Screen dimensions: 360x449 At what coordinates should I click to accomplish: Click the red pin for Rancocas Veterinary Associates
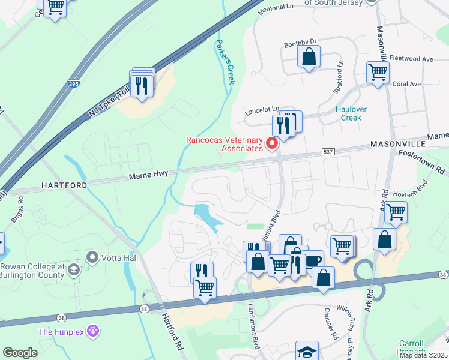tap(271, 143)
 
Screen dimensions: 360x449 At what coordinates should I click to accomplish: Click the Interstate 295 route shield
tap(73, 84)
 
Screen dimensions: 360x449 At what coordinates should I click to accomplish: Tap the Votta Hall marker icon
tap(92, 258)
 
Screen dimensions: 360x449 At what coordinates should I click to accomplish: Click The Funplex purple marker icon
tap(92, 331)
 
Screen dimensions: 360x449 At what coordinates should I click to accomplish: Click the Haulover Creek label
tap(351, 113)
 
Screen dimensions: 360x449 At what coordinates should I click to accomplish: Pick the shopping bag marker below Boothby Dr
tap(309, 57)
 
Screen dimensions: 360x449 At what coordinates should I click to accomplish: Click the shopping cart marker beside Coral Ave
tap(378, 72)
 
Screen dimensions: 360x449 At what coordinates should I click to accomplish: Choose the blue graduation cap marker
tap(307, 351)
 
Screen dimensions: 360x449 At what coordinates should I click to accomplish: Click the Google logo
tap(20, 353)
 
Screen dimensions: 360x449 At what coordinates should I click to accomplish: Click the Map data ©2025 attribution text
tap(423, 355)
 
